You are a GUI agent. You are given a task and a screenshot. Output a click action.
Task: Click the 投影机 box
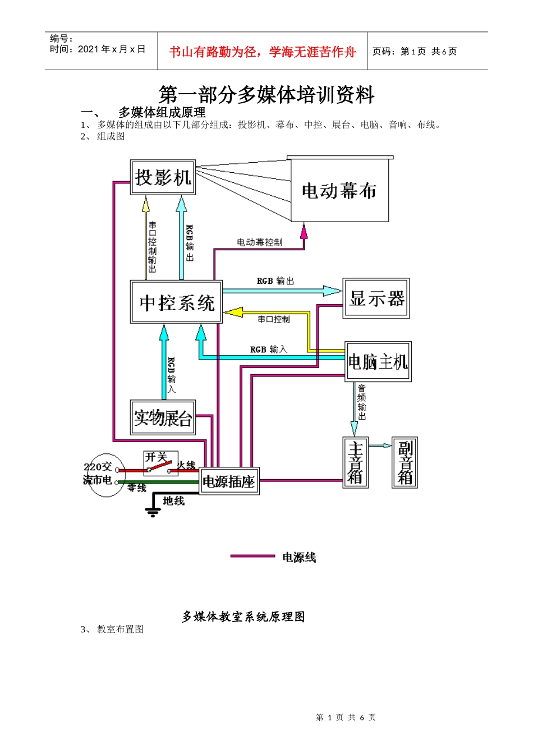click(x=163, y=177)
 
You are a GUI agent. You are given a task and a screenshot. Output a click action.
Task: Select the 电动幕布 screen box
click(x=339, y=191)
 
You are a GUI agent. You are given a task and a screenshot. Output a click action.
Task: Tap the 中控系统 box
click(x=176, y=302)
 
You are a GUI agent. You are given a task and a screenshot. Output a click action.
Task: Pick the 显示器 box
click(x=376, y=298)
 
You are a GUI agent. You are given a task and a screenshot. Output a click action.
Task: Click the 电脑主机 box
click(x=378, y=362)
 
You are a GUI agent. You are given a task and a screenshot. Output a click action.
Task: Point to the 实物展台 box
click(x=163, y=417)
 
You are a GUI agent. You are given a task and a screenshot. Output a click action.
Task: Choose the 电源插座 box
click(x=229, y=481)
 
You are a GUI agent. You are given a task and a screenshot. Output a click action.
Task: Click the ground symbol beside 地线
click(x=152, y=511)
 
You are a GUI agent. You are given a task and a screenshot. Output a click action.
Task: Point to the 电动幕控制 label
click(x=259, y=242)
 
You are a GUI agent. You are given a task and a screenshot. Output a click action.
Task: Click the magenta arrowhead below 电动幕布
click(x=304, y=231)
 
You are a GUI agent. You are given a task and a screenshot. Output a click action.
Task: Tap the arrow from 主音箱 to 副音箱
click(x=380, y=446)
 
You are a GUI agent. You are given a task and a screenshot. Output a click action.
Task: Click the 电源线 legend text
click(x=299, y=557)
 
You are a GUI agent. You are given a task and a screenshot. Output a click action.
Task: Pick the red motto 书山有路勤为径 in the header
click(x=263, y=52)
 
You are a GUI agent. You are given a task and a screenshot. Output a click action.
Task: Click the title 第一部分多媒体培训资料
click(x=266, y=95)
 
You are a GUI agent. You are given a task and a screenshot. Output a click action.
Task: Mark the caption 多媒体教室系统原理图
click(x=243, y=617)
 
